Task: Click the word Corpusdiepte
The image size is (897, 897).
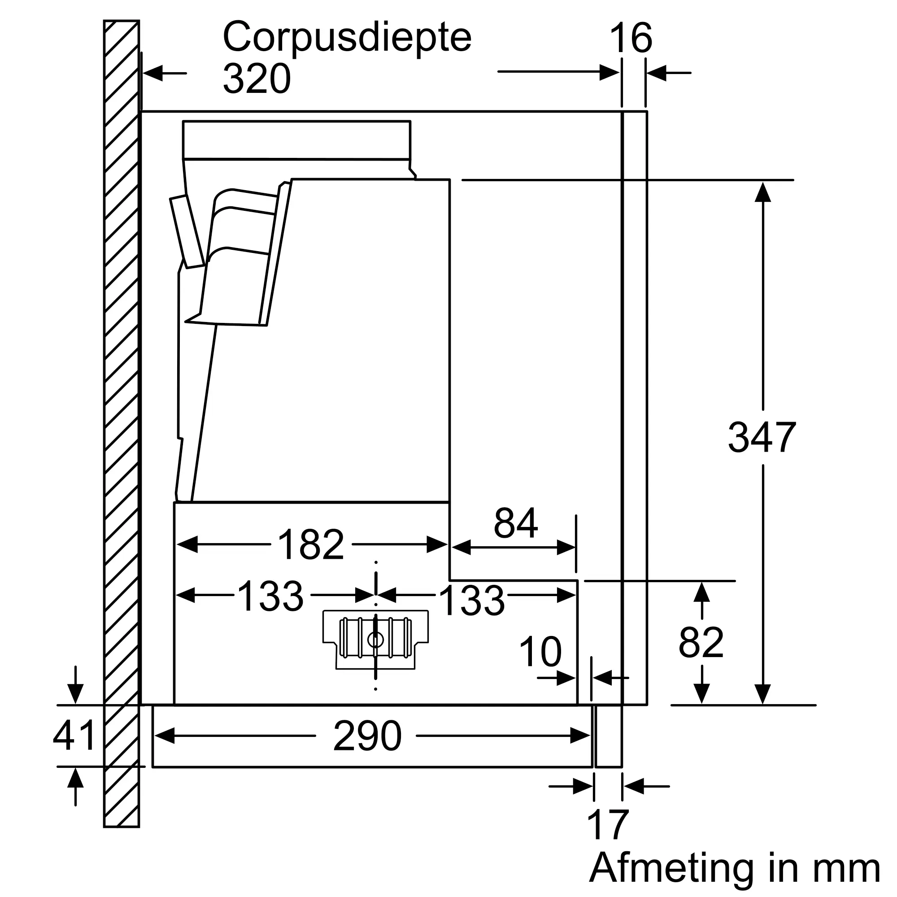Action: click(347, 37)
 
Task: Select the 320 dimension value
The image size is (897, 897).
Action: click(257, 79)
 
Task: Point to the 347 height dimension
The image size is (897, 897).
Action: click(762, 437)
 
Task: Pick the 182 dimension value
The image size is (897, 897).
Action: click(311, 544)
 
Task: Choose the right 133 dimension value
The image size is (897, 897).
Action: click(471, 601)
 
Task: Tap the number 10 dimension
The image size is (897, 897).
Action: click(540, 652)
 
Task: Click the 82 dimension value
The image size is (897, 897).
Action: click(701, 643)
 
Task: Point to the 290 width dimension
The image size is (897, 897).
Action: click(367, 736)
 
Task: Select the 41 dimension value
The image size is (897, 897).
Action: click(74, 735)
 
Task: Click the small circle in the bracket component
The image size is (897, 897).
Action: click(375, 640)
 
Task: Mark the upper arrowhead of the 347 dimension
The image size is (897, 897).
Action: click(762, 192)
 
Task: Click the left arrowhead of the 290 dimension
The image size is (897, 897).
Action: click(164, 736)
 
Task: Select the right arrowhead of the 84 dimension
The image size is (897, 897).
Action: click(566, 547)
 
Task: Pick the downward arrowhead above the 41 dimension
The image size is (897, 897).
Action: click(75, 694)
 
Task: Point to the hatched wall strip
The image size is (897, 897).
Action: click(121, 418)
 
